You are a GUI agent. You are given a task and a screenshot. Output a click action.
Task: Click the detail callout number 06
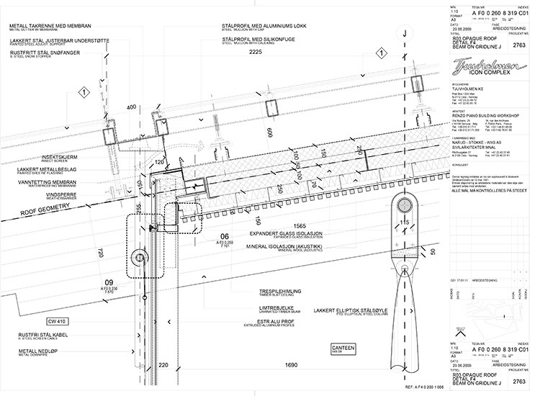pos(225,235)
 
